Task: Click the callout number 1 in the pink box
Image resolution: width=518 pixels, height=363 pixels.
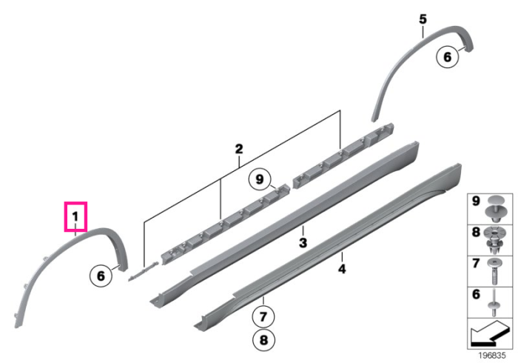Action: click(x=75, y=217)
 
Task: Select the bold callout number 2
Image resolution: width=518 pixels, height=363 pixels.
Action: click(x=239, y=149)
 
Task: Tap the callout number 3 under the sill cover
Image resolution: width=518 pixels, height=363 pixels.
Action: click(x=303, y=243)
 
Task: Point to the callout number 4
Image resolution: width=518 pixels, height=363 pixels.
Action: click(x=342, y=269)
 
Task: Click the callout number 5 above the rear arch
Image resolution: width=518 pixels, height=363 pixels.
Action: click(x=423, y=19)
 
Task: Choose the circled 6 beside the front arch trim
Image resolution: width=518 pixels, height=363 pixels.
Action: click(x=101, y=276)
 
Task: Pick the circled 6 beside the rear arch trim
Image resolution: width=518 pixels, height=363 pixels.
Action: click(x=447, y=57)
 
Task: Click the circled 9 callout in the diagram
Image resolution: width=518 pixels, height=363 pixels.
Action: click(x=260, y=179)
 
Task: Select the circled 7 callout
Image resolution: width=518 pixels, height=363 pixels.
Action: click(x=263, y=317)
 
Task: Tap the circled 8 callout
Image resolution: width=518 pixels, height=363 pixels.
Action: click(x=263, y=340)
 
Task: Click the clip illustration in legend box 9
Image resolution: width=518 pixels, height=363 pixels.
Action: click(x=495, y=209)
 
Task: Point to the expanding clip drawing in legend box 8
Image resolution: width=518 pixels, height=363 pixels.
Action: click(x=494, y=240)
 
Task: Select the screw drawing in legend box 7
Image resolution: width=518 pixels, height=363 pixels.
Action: click(x=494, y=271)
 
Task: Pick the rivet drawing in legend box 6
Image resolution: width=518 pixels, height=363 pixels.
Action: click(x=494, y=302)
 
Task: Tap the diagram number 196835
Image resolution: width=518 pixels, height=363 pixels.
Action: click(x=492, y=356)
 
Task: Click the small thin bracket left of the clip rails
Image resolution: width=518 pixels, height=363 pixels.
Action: click(x=143, y=271)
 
